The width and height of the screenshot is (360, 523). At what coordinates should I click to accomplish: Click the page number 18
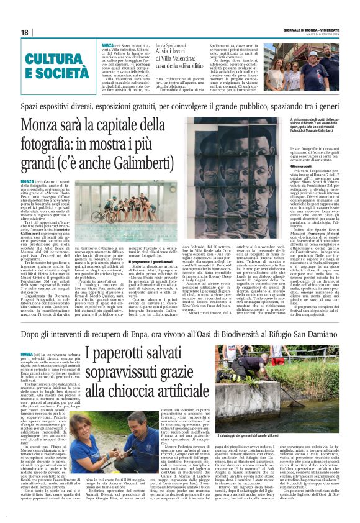[x=24, y=32]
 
